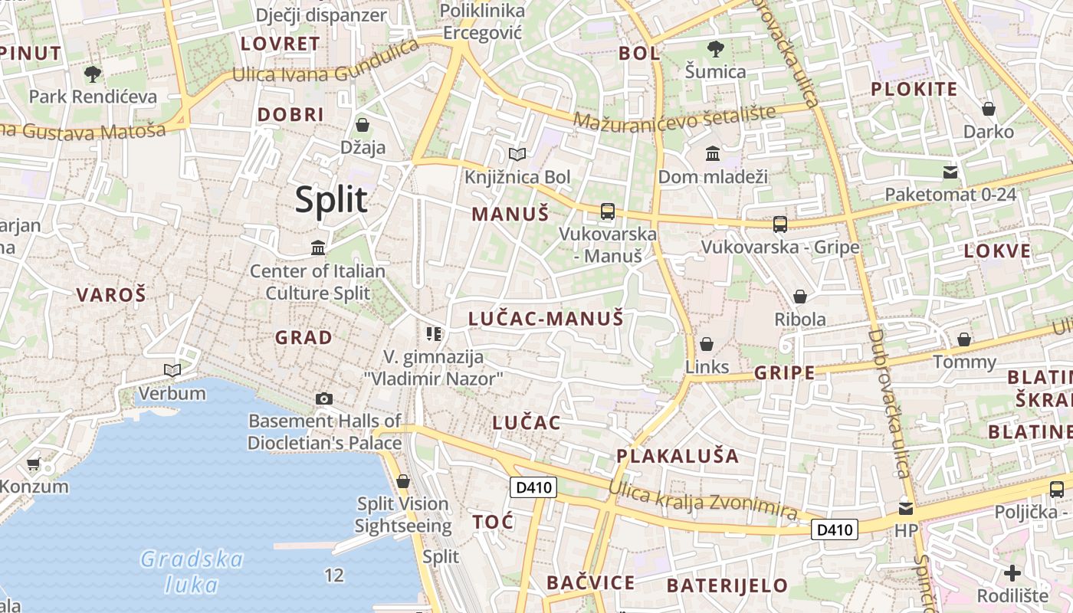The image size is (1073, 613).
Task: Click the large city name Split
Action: (x=331, y=200)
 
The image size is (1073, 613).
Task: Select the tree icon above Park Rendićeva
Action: (x=93, y=74)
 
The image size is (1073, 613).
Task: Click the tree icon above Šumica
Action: (x=715, y=49)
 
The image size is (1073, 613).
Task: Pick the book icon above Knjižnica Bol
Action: (x=517, y=155)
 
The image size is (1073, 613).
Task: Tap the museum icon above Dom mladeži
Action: (x=713, y=154)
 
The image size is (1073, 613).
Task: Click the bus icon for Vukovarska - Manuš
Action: (x=608, y=211)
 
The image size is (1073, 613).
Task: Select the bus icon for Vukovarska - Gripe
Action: (x=780, y=225)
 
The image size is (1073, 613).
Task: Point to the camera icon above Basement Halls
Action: (x=324, y=398)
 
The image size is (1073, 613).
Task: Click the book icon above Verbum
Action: (x=172, y=371)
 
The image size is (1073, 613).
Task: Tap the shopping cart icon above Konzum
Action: (x=33, y=464)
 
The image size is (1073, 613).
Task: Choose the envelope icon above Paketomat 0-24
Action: (x=950, y=172)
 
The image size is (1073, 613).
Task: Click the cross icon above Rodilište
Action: (x=1012, y=572)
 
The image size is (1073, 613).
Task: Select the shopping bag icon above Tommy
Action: (x=964, y=339)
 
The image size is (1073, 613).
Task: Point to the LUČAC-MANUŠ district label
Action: (x=546, y=319)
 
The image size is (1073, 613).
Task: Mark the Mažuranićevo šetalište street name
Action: (x=674, y=118)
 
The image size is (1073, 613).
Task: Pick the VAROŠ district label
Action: (x=111, y=294)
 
